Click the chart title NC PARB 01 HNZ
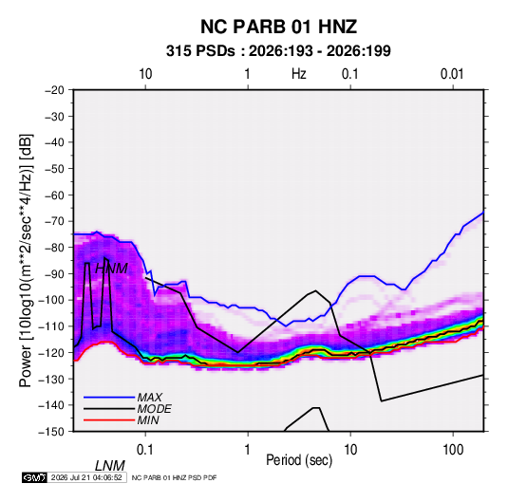tap(278, 27)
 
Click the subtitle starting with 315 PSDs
tap(278, 51)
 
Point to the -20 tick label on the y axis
tap(54, 90)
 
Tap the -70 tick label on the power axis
tap(54, 221)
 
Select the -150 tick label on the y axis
tap(51, 432)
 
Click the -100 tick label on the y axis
tap(51, 300)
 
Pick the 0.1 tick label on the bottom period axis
tap(145, 449)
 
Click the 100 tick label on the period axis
tap(453, 449)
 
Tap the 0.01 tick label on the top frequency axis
tap(452, 74)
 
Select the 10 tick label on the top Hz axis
tap(145, 74)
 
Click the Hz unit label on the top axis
tap(299, 74)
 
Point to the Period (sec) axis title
tap(299, 460)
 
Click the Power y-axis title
tap(26, 260)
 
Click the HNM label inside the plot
tap(112, 269)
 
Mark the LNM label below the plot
tap(110, 466)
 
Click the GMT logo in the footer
tap(35, 477)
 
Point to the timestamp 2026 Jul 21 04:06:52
tap(86, 477)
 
